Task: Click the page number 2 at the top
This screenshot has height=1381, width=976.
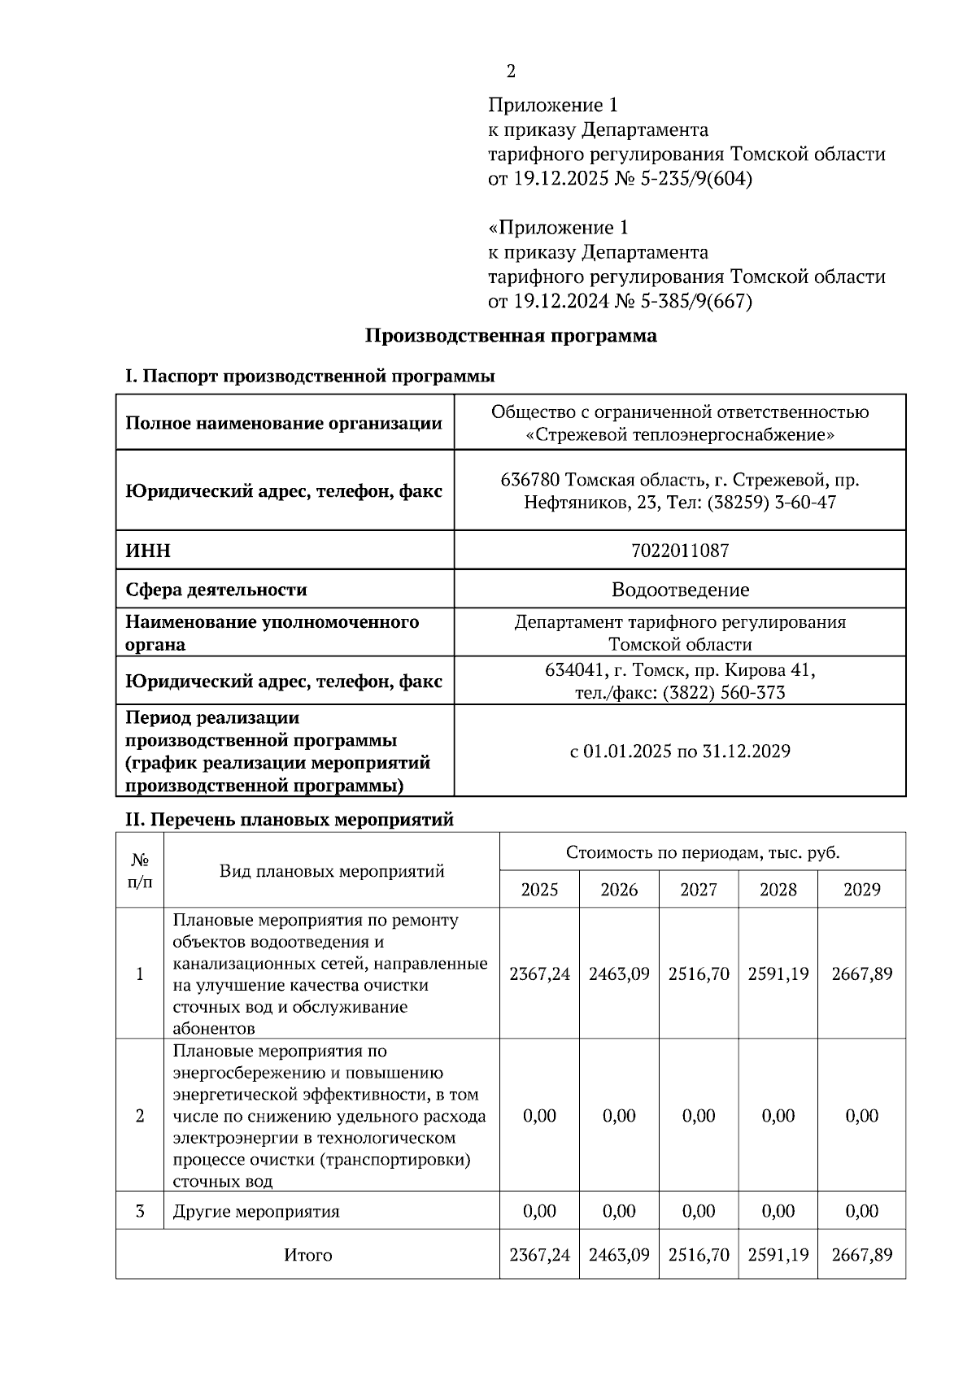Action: [511, 72]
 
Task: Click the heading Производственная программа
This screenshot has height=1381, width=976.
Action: [510, 336]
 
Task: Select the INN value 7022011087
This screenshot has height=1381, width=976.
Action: [680, 551]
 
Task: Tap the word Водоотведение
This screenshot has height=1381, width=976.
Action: [680, 589]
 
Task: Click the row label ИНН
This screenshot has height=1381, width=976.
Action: [148, 551]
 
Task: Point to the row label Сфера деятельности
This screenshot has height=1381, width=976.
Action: [216, 589]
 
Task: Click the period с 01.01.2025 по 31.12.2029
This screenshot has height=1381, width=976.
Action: [680, 751]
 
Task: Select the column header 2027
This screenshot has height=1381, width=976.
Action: [699, 890]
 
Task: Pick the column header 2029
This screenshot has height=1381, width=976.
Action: [861, 890]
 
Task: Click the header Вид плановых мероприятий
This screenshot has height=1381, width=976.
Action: [332, 871]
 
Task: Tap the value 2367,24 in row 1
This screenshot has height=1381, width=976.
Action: [539, 974]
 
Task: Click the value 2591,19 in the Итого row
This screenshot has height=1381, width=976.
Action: [778, 1255]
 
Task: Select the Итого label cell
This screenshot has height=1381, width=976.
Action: [307, 1255]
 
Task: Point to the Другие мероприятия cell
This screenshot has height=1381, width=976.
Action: [256, 1212]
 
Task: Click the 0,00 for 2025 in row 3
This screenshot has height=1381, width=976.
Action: [539, 1211]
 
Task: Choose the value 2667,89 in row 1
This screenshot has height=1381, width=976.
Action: [861, 974]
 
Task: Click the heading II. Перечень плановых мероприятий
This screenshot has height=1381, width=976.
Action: [289, 820]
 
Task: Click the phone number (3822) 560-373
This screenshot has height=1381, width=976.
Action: [724, 693]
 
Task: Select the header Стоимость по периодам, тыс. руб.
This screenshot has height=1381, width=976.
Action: [702, 852]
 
